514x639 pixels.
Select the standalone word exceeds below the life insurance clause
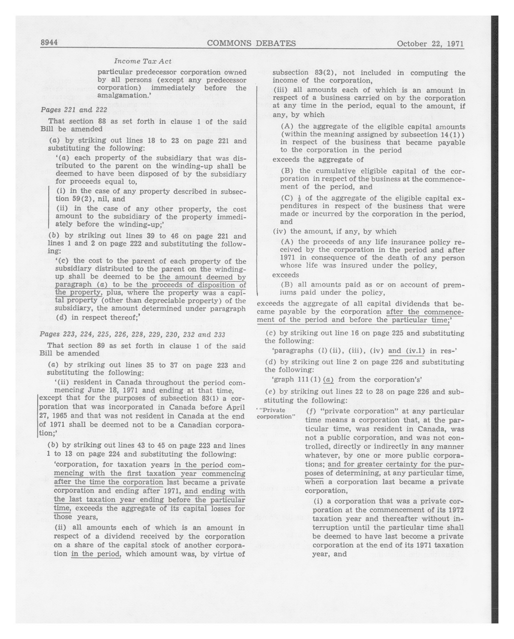[x=286, y=275]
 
